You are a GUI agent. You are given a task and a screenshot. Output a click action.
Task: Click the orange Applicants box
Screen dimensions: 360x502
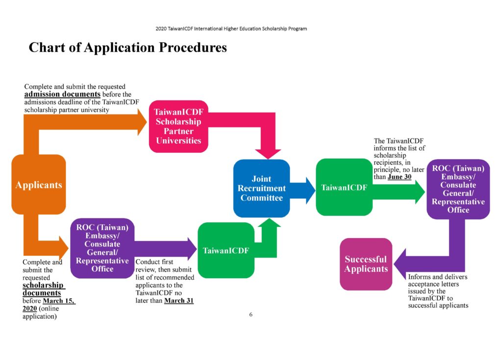(39, 185)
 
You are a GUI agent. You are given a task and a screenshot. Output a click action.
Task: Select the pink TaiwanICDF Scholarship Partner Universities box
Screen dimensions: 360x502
(178, 126)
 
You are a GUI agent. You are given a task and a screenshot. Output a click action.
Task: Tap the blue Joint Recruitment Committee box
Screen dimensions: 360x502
(261, 188)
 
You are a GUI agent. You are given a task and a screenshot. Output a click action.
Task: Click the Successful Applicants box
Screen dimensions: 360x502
(366, 264)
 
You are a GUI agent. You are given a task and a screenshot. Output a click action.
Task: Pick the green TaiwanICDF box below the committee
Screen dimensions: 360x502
(226, 250)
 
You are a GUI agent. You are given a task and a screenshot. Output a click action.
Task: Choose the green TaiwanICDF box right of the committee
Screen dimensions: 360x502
(344, 187)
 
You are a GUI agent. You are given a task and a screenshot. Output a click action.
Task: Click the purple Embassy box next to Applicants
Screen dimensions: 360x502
(102, 248)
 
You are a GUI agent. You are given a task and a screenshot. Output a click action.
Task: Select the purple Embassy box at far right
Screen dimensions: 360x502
(458, 189)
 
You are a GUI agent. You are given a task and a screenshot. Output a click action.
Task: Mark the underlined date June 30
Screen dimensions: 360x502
(399, 177)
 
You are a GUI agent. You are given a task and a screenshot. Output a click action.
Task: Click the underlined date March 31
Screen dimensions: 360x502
(178, 300)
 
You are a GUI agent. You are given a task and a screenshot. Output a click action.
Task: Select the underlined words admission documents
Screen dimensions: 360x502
(62, 94)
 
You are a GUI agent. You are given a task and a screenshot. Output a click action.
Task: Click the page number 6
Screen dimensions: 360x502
(251, 314)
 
